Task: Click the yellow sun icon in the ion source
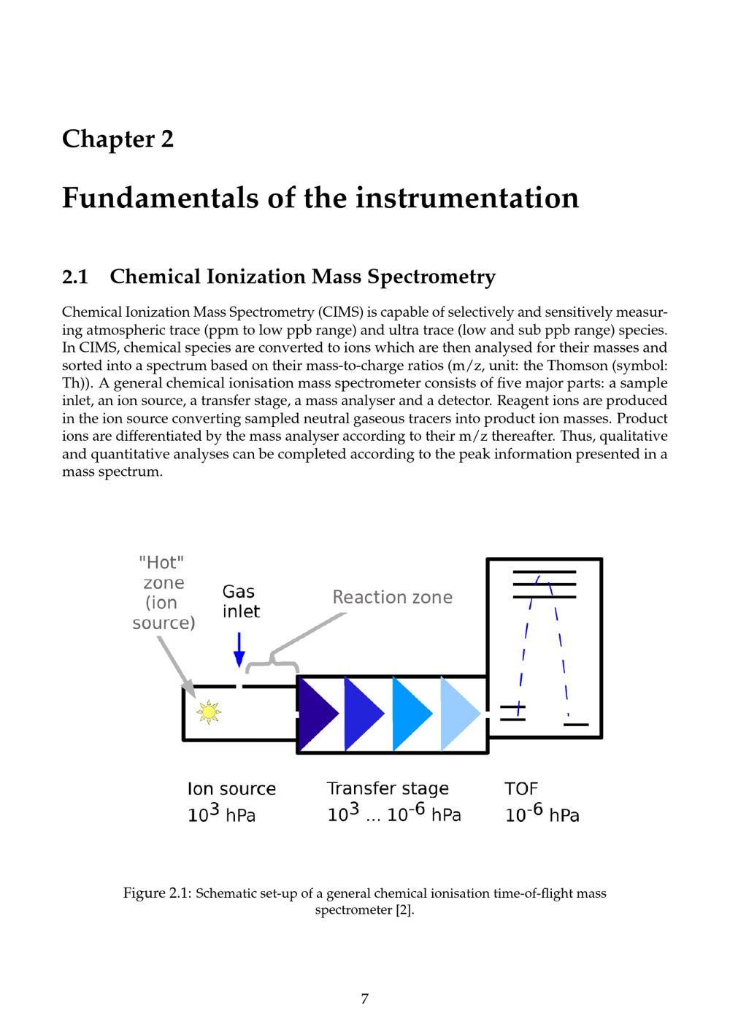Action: tap(208, 712)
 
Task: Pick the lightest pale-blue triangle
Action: tap(458, 713)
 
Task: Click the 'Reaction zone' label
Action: tap(392, 597)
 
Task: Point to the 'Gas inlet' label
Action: tap(240, 601)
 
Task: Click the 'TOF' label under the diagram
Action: tap(520, 788)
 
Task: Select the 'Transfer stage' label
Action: tap(387, 788)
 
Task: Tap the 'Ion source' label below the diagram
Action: tap(231, 788)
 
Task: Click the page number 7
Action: tap(364, 999)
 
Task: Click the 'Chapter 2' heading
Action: tap(118, 139)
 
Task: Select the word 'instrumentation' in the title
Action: tap(467, 198)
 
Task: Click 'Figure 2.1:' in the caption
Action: tap(157, 893)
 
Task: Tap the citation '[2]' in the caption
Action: tap(404, 911)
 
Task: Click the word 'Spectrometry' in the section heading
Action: tap(431, 277)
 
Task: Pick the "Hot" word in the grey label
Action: tap(161, 562)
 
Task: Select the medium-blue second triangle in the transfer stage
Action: tap(363, 713)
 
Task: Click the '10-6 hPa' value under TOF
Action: tap(542, 814)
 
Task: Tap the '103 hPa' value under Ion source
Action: tap(221, 814)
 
